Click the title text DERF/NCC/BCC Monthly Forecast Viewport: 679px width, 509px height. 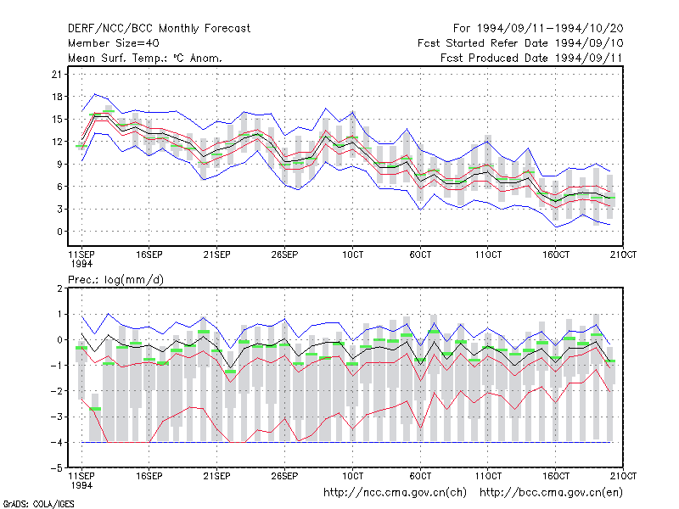(159, 29)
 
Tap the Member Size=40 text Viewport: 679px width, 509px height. (114, 43)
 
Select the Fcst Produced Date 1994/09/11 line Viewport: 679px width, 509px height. (531, 58)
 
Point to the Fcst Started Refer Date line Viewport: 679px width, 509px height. (520, 43)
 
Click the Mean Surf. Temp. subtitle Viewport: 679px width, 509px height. (145, 58)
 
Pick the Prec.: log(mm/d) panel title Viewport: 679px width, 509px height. (115, 280)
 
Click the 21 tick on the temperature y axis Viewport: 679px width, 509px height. (57, 75)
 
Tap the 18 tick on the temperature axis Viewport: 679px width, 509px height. (57, 97)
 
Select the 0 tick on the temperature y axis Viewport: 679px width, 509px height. (59, 232)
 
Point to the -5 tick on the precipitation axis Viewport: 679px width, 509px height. (56, 468)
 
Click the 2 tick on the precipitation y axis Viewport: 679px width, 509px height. (59, 288)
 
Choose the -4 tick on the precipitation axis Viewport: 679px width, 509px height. (56, 442)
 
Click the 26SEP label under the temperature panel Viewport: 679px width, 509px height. (284, 255)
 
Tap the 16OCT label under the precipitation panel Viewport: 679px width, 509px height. (556, 476)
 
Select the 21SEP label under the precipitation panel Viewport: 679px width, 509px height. (217, 476)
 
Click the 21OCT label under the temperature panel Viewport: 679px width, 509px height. (623, 255)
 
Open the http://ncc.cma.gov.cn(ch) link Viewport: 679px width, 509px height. (395, 493)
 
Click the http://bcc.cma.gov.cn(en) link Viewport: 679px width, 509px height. (551, 493)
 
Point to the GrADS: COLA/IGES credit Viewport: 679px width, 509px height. (39, 504)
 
